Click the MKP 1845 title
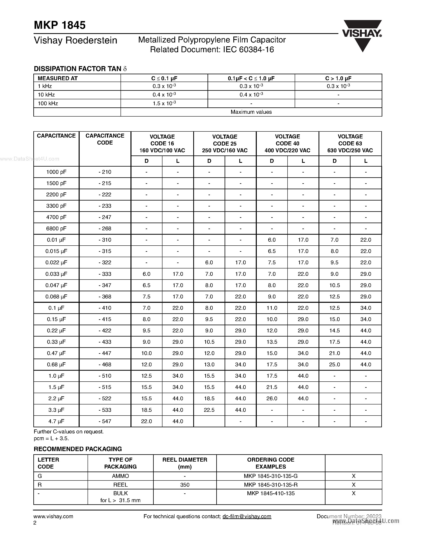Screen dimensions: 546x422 pos(60,25)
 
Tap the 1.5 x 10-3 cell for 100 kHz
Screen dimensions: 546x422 pos(164,103)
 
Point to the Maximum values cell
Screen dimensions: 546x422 pos(251,112)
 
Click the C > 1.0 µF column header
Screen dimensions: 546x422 pos(338,78)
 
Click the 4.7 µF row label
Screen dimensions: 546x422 pos(56,421)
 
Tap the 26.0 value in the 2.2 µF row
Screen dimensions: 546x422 pos(271,398)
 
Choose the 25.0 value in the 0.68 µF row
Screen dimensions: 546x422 pos(334,365)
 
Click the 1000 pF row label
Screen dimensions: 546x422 pos(56,172)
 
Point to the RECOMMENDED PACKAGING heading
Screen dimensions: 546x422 pos(77,449)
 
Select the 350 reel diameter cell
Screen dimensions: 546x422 pos(185,485)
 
